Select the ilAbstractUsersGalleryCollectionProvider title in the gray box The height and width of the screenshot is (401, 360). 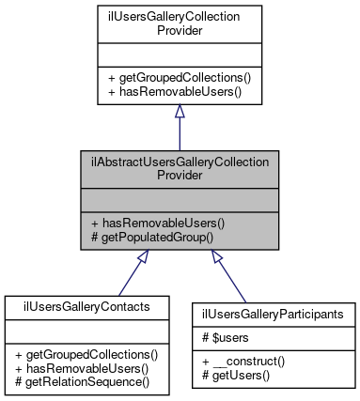(179, 168)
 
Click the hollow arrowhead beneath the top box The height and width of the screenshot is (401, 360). (179, 112)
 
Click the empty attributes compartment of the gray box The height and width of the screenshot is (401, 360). (179, 200)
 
